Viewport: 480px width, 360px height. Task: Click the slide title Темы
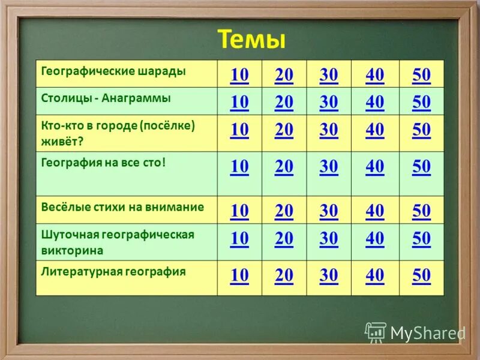pyautogui.click(x=251, y=40)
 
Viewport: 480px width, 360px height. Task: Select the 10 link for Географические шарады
pyautogui.click(x=239, y=75)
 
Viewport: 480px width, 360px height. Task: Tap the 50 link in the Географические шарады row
pyautogui.click(x=421, y=75)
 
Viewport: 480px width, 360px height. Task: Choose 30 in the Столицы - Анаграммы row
pyautogui.click(x=329, y=103)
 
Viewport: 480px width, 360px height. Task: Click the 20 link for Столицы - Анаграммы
pyautogui.click(x=284, y=103)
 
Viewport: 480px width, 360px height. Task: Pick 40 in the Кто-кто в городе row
pyautogui.click(x=375, y=130)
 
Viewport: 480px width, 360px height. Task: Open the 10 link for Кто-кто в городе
pyautogui.click(x=239, y=130)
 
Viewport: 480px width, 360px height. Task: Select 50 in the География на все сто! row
pyautogui.click(x=421, y=167)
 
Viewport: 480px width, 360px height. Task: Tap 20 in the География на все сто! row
pyautogui.click(x=284, y=167)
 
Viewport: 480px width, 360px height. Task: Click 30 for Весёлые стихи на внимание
pyautogui.click(x=329, y=211)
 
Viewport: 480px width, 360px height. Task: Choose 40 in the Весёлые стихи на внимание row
pyautogui.click(x=375, y=211)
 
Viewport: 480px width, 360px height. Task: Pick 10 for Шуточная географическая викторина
pyautogui.click(x=239, y=238)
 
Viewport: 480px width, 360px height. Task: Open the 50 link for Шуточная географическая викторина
pyautogui.click(x=421, y=238)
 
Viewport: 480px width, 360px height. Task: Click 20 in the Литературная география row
pyautogui.click(x=284, y=275)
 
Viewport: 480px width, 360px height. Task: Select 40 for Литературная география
pyautogui.click(x=375, y=275)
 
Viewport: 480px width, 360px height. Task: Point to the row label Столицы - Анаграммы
pyautogui.click(x=106, y=97)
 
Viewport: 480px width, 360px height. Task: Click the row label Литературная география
pyautogui.click(x=113, y=271)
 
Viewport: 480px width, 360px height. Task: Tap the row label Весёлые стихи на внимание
pyautogui.click(x=122, y=207)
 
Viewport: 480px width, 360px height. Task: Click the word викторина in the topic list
pyautogui.click(x=72, y=250)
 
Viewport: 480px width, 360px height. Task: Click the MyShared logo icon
pyautogui.click(x=376, y=332)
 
